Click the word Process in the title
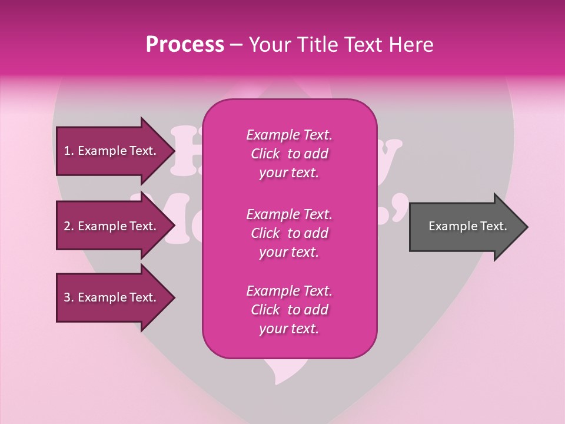(185, 45)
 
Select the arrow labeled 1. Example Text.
(112, 151)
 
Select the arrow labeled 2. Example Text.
(112, 226)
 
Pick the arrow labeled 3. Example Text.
(112, 297)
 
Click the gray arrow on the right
(465, 227)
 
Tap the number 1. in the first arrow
(68, 151)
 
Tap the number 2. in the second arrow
(68, 226)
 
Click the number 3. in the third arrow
(68, 297)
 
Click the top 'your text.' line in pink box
(289, 173)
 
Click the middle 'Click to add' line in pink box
(289, 233)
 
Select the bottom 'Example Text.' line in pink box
(289, 291)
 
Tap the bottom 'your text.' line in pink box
(289, 329)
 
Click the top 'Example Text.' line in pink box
(289, 135)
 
